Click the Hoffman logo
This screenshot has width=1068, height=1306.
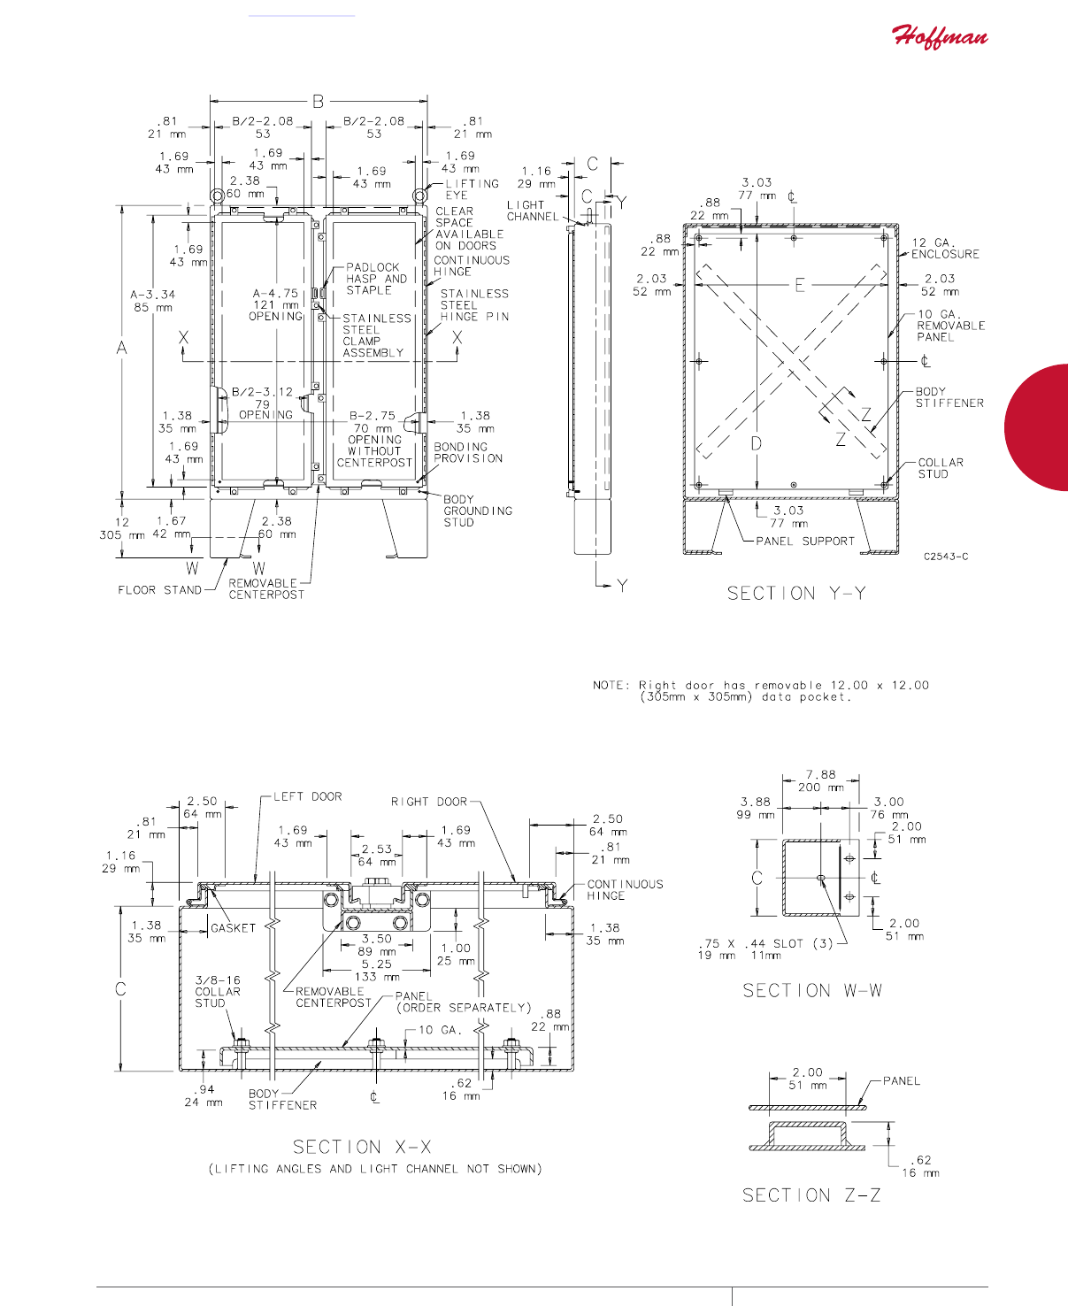click(940, 36)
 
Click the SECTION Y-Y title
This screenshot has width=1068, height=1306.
click(796, 593)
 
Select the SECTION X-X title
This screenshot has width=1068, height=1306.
click(362, 1147)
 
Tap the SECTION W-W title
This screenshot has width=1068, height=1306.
click(812, 990)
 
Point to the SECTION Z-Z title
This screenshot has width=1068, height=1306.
click(811, 1195)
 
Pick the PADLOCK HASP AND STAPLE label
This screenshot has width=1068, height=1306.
click(376, 278)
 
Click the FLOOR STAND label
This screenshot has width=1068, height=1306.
click(160, 590)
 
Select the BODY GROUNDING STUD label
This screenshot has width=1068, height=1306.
click(477, 511)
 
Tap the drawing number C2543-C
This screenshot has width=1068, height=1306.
click(946, 556)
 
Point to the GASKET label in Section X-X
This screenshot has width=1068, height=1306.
click(233, 927)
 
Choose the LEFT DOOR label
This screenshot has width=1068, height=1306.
click(308, 796)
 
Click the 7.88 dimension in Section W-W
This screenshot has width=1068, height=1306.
click(820, 774)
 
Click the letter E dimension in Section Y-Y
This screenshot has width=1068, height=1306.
click(799, 285)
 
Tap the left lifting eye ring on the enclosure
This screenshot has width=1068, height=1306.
click(217, 196)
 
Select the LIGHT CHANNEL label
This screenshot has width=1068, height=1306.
click(533, 211)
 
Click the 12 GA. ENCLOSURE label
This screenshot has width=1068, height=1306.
click(945, 249)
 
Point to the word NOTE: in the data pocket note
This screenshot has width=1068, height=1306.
click(611, 685)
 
